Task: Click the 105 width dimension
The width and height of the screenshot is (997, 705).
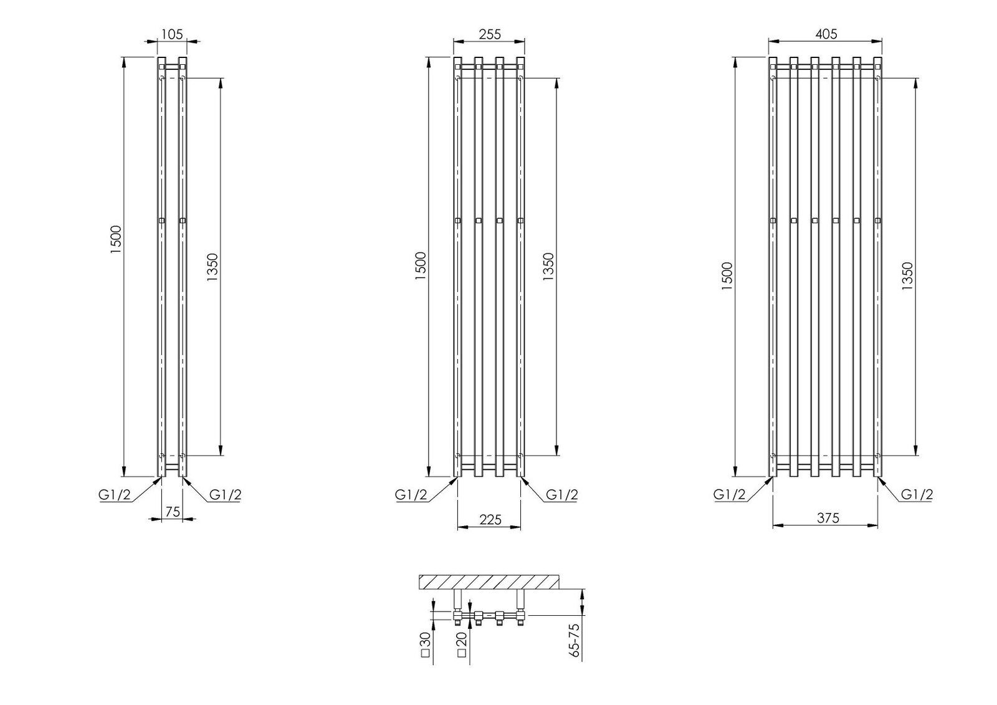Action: pos(172,34)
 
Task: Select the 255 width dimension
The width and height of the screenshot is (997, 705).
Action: pos(490,34)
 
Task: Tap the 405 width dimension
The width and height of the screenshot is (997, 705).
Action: pos(826,34)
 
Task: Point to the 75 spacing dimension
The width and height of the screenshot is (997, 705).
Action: pos(172,512)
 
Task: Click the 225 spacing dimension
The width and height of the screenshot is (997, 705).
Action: pos(490,520)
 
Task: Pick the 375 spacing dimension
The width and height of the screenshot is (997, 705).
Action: pos(828,518)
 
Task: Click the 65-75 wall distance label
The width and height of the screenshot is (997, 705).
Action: pos(574,640)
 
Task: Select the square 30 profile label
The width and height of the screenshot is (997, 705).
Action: pos(426,645)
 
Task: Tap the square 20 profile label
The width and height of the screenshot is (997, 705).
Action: pos(462,645)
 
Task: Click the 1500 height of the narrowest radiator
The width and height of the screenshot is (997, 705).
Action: pos(116,239)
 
